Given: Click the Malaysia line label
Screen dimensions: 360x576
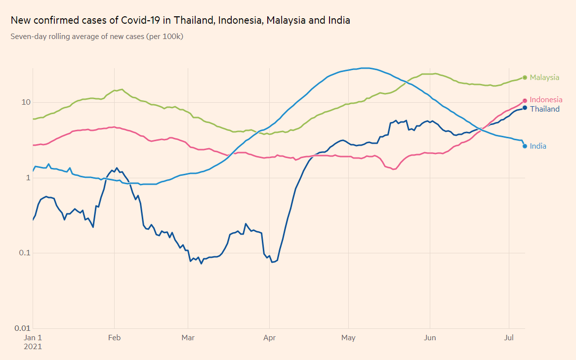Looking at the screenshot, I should (x=544, y=78).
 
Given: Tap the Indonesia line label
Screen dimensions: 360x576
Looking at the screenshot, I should (x=546, y=100).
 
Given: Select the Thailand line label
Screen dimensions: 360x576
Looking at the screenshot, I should (x=544, y=109).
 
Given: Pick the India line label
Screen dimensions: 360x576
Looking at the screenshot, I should (x=538, y=146).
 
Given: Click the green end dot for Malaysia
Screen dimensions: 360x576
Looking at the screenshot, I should (x=525, y=77).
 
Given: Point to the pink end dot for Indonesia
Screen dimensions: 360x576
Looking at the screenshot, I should (x=525, y=101).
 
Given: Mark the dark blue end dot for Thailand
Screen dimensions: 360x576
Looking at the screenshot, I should (x=525, y=108).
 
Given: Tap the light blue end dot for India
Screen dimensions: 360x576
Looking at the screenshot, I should (x=525, y=146).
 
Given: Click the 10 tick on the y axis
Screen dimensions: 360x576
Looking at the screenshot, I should (x=25, y=102).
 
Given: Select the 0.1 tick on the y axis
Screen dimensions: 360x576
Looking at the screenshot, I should (x=24, y=253).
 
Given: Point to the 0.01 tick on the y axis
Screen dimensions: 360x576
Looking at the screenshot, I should (x=22, y=328).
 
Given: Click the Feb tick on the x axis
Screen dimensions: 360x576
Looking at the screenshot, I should (x=114, y=338).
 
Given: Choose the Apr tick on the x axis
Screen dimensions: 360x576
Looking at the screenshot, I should (x=269, y=338).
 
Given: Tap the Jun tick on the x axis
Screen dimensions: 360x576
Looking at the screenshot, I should (x=430, y=338).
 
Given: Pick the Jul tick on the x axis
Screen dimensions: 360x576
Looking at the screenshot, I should (x=509, y=338).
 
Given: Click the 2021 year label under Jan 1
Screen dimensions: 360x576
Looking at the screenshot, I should (x=33, y=347).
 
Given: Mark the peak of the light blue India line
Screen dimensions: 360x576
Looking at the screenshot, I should (x=365, y=68).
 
